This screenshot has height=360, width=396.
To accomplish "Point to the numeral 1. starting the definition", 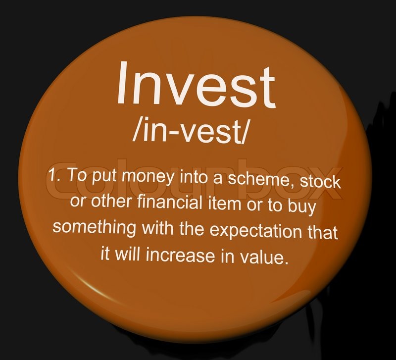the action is tap(54, 174).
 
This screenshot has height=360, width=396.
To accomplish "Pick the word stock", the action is tap(320, 182).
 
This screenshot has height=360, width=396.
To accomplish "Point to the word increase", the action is tap(180, 255).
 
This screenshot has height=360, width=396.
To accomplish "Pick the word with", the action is tap(157, 228).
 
